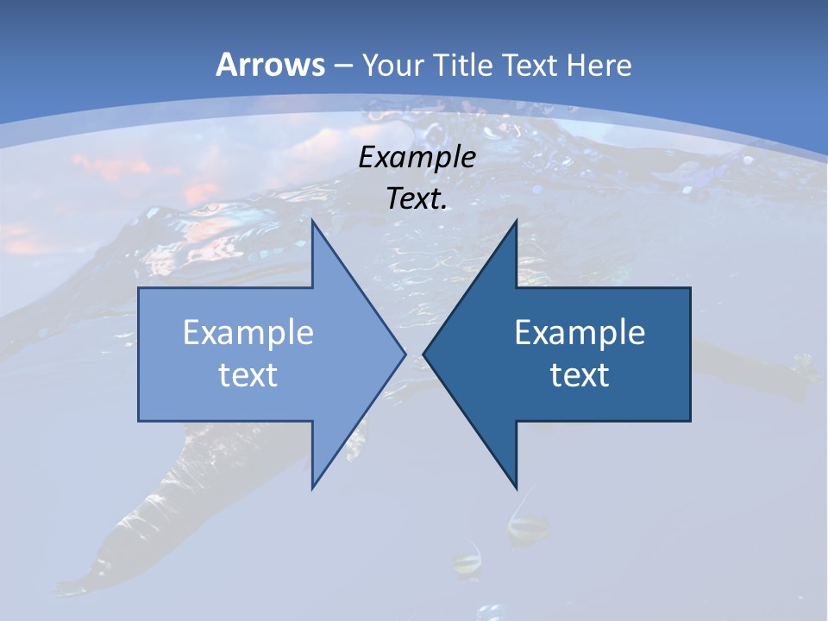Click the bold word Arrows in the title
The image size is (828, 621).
[270, 65]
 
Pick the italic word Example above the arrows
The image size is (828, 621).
[417, 157]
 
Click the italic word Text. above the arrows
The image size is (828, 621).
[417, 198]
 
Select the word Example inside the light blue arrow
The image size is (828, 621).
[248, 332]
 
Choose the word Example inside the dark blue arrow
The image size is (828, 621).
[580, 332]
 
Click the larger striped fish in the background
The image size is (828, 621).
[527, 525]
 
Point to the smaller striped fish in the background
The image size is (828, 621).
[467, 562]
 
